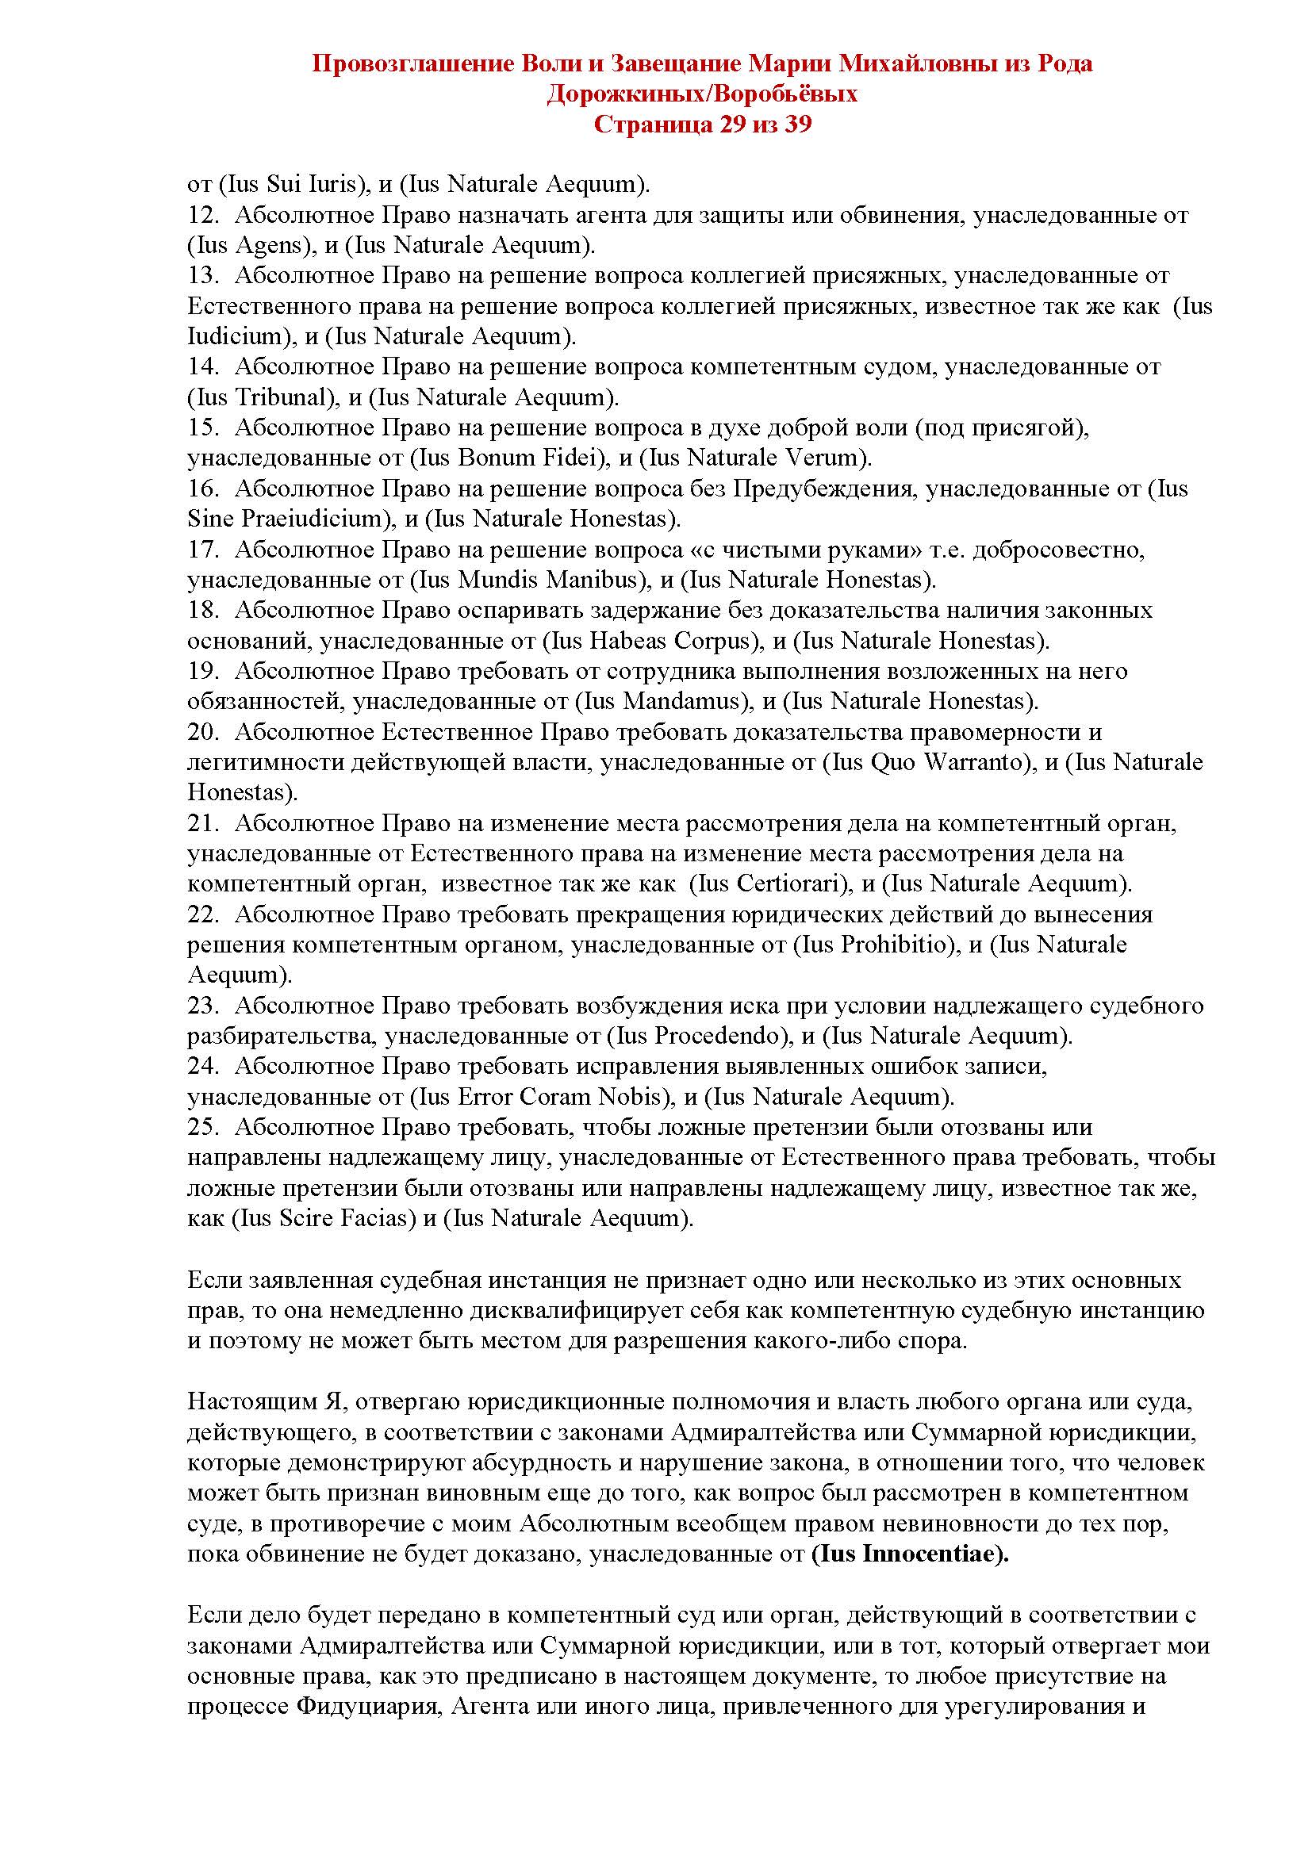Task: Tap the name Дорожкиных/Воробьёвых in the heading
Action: coord(702,94)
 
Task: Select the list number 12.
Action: coord(203,215)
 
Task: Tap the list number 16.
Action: coord(203,489)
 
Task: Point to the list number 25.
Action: coord(203,1127)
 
